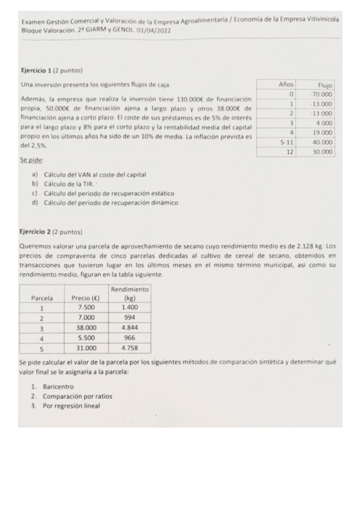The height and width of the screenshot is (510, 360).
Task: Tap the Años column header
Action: coord(286,85)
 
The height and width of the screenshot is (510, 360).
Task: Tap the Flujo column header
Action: coord(325,85)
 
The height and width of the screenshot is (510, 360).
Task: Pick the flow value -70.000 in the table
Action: coord(322,95)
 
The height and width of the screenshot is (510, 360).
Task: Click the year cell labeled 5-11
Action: coord(287,142)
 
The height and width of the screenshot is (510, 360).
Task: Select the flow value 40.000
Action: coord(323,142)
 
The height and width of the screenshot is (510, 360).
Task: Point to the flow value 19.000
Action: coord(323,132)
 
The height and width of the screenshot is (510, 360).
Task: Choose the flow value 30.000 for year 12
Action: coord(323,152)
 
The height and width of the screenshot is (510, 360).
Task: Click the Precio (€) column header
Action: coord(85,298)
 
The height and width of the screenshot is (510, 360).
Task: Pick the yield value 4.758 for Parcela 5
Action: coord(129,348)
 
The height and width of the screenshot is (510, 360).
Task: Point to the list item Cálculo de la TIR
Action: coord(70,184)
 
